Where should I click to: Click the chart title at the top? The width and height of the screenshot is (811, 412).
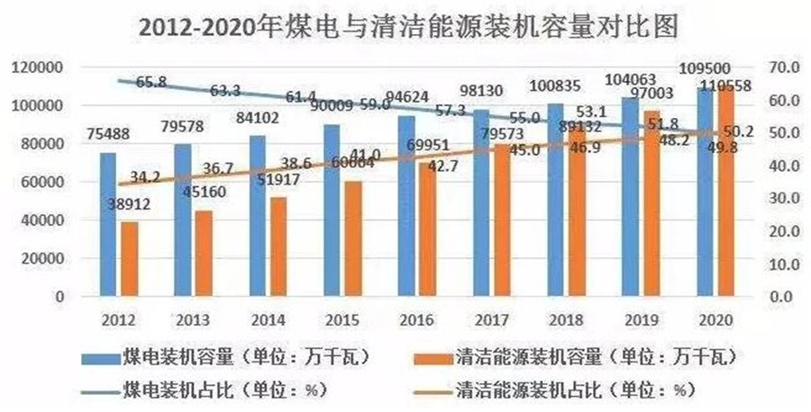[405, 27]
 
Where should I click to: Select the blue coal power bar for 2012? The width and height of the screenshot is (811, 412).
[108, 225]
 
